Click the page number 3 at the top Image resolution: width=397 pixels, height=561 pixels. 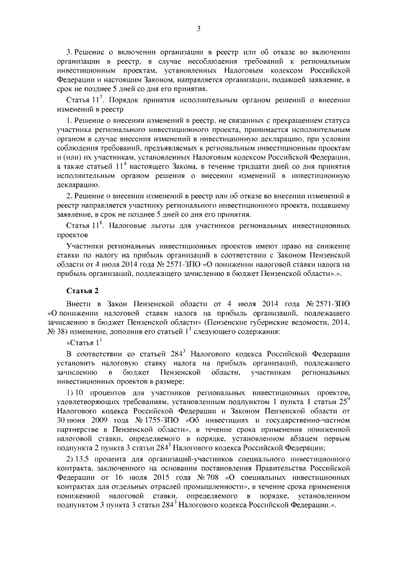tap(198, 28)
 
